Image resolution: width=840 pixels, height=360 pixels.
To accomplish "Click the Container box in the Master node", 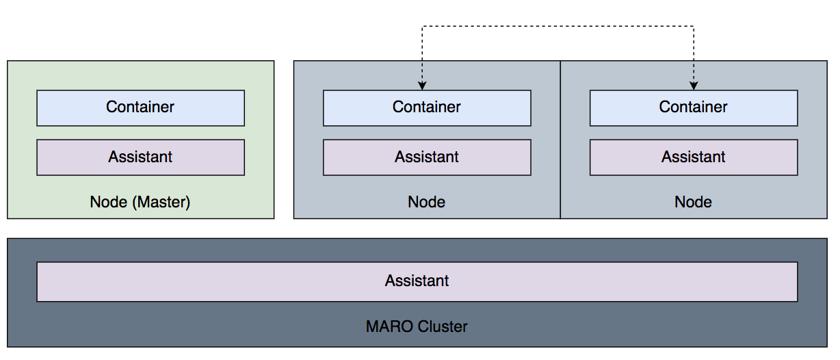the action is (141, 107).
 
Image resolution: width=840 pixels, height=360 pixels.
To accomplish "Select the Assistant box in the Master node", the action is (141, 157).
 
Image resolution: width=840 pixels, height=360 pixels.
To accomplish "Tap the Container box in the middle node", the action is (427, 107).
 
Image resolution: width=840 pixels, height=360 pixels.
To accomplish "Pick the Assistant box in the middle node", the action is (427, 157).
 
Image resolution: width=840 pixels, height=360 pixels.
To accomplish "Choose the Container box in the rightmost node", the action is (694, 107).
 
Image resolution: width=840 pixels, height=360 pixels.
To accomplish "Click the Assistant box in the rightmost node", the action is (694, 157).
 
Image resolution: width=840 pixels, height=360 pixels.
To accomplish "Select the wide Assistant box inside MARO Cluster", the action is (417, 281).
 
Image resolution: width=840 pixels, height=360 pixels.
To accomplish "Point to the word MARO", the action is (390, 326).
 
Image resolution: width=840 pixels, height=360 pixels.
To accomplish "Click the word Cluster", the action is (443, 326).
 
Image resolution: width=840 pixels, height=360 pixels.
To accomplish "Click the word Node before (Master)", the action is (109, 202).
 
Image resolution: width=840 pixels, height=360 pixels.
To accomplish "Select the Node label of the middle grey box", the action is (427, 202).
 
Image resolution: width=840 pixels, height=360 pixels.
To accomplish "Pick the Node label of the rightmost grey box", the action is (694, 202).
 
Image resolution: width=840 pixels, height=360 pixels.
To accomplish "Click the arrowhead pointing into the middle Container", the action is (422, 86).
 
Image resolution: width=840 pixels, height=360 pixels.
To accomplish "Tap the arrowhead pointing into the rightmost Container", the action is (694, 86).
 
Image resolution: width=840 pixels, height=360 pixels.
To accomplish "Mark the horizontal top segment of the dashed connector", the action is (558, 26).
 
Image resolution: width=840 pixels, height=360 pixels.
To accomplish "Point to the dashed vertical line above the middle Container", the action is (422, 55).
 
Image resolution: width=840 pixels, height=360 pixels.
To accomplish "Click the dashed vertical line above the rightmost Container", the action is (694, 55).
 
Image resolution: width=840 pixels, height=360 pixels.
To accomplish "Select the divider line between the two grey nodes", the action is (561, 140).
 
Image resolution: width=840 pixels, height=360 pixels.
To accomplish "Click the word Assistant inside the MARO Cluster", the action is (417, 281).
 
